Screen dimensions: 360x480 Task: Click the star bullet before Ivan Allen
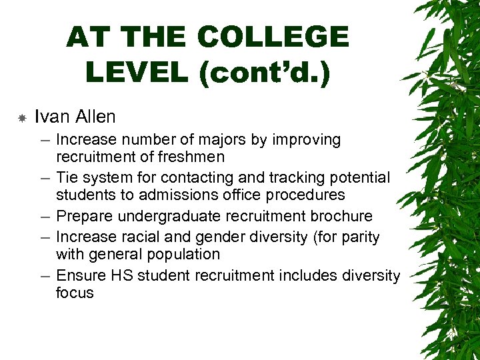[x=22, y=118]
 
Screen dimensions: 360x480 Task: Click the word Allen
[x=94, y=117]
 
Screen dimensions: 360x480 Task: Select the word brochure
[x=340, y=217]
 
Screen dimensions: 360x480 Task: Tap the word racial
[x=139, y=237]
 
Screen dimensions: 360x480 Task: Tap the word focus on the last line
[x=75, y=293]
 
